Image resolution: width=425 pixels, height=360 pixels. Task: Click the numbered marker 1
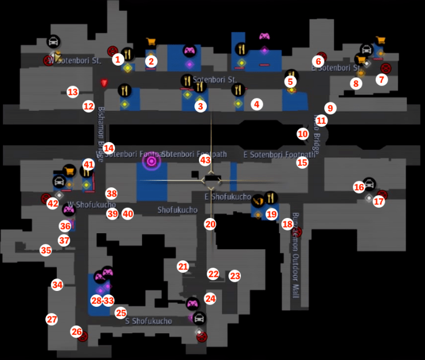point(117,58)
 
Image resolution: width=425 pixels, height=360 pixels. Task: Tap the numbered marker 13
point(72,92)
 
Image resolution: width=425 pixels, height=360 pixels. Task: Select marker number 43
point(205,160)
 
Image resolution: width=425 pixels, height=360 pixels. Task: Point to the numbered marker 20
point(210,224)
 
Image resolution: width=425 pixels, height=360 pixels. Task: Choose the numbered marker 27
point(52,319)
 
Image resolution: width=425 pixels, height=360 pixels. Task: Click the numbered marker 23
point(235,276)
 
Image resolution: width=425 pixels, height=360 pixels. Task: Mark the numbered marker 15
point(302,162)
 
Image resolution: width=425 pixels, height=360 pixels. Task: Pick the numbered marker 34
point(57,285)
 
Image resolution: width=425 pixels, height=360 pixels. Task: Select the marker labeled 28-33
point(102,300)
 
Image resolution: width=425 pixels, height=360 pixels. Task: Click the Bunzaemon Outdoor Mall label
point(295,258)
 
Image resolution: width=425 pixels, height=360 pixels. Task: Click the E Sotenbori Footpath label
point(279,154)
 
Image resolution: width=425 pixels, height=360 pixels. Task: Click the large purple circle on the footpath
point(151,162)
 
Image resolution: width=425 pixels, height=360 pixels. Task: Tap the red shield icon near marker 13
point(104,83)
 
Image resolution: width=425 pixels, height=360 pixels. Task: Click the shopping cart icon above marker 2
point(151,41)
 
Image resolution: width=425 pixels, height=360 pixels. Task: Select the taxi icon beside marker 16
point(369,183)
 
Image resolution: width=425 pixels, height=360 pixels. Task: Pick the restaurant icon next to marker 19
point(270,198)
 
